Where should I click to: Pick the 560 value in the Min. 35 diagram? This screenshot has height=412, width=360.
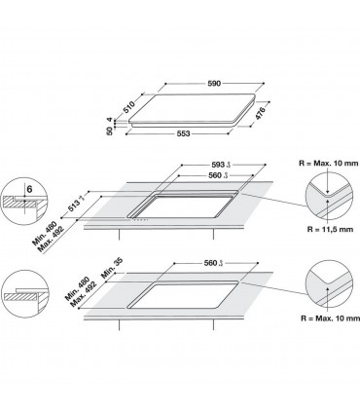click(211, 262)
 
